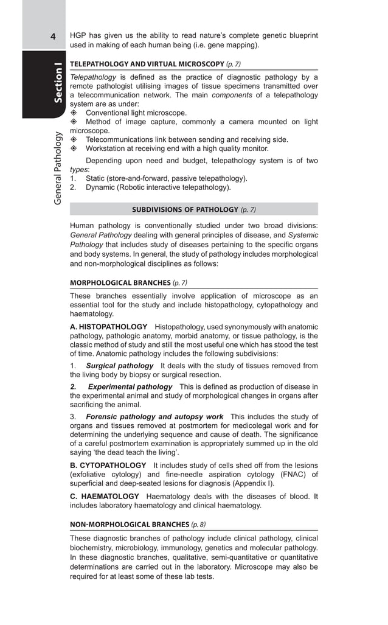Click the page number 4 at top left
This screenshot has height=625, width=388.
[x=54, y=37]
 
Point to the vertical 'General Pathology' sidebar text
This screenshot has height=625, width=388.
[x=58, y=168]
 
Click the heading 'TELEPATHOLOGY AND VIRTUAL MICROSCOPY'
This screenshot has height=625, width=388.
[x=147, y=64]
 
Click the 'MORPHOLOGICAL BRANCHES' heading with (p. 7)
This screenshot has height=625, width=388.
[x=120, y=283]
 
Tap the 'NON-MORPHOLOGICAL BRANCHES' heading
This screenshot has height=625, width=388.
[x=130, y=524]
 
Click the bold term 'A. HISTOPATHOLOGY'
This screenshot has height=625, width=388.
[x=108, y=327]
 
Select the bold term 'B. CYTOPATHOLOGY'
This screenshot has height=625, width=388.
[x=108, y=466]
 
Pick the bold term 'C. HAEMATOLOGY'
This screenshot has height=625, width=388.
[x=105, y=497]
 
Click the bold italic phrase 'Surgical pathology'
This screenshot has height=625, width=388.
[x=120, y=366]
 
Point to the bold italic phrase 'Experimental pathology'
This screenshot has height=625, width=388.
[x=130, y=386]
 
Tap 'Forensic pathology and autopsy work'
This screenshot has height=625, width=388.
[x=154, y=417]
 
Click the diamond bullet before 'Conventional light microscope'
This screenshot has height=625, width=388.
[x=74, y=113]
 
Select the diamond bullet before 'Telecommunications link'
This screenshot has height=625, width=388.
[x=74, y=139]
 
